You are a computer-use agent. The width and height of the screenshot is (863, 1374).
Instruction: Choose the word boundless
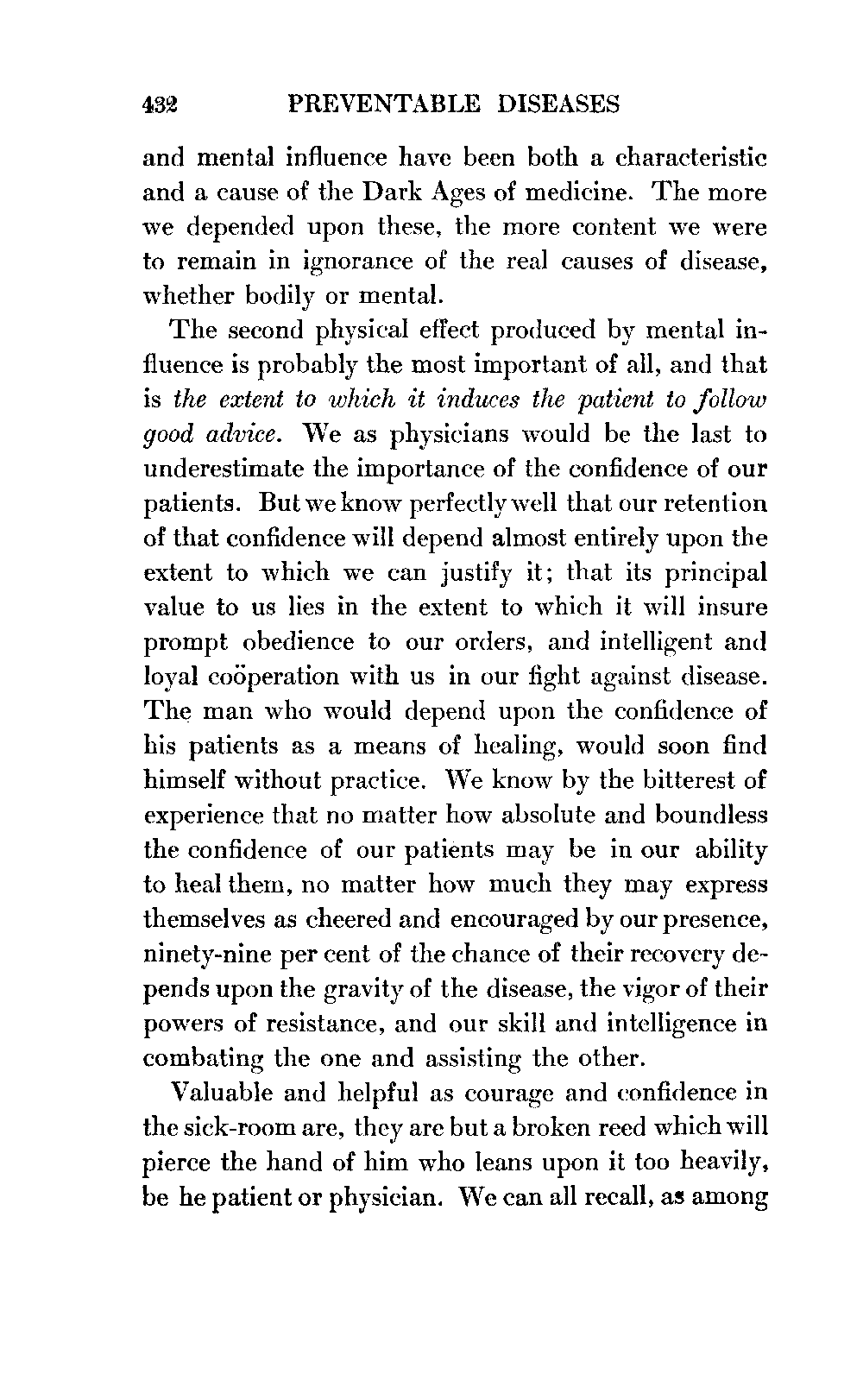click(711, 816)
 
